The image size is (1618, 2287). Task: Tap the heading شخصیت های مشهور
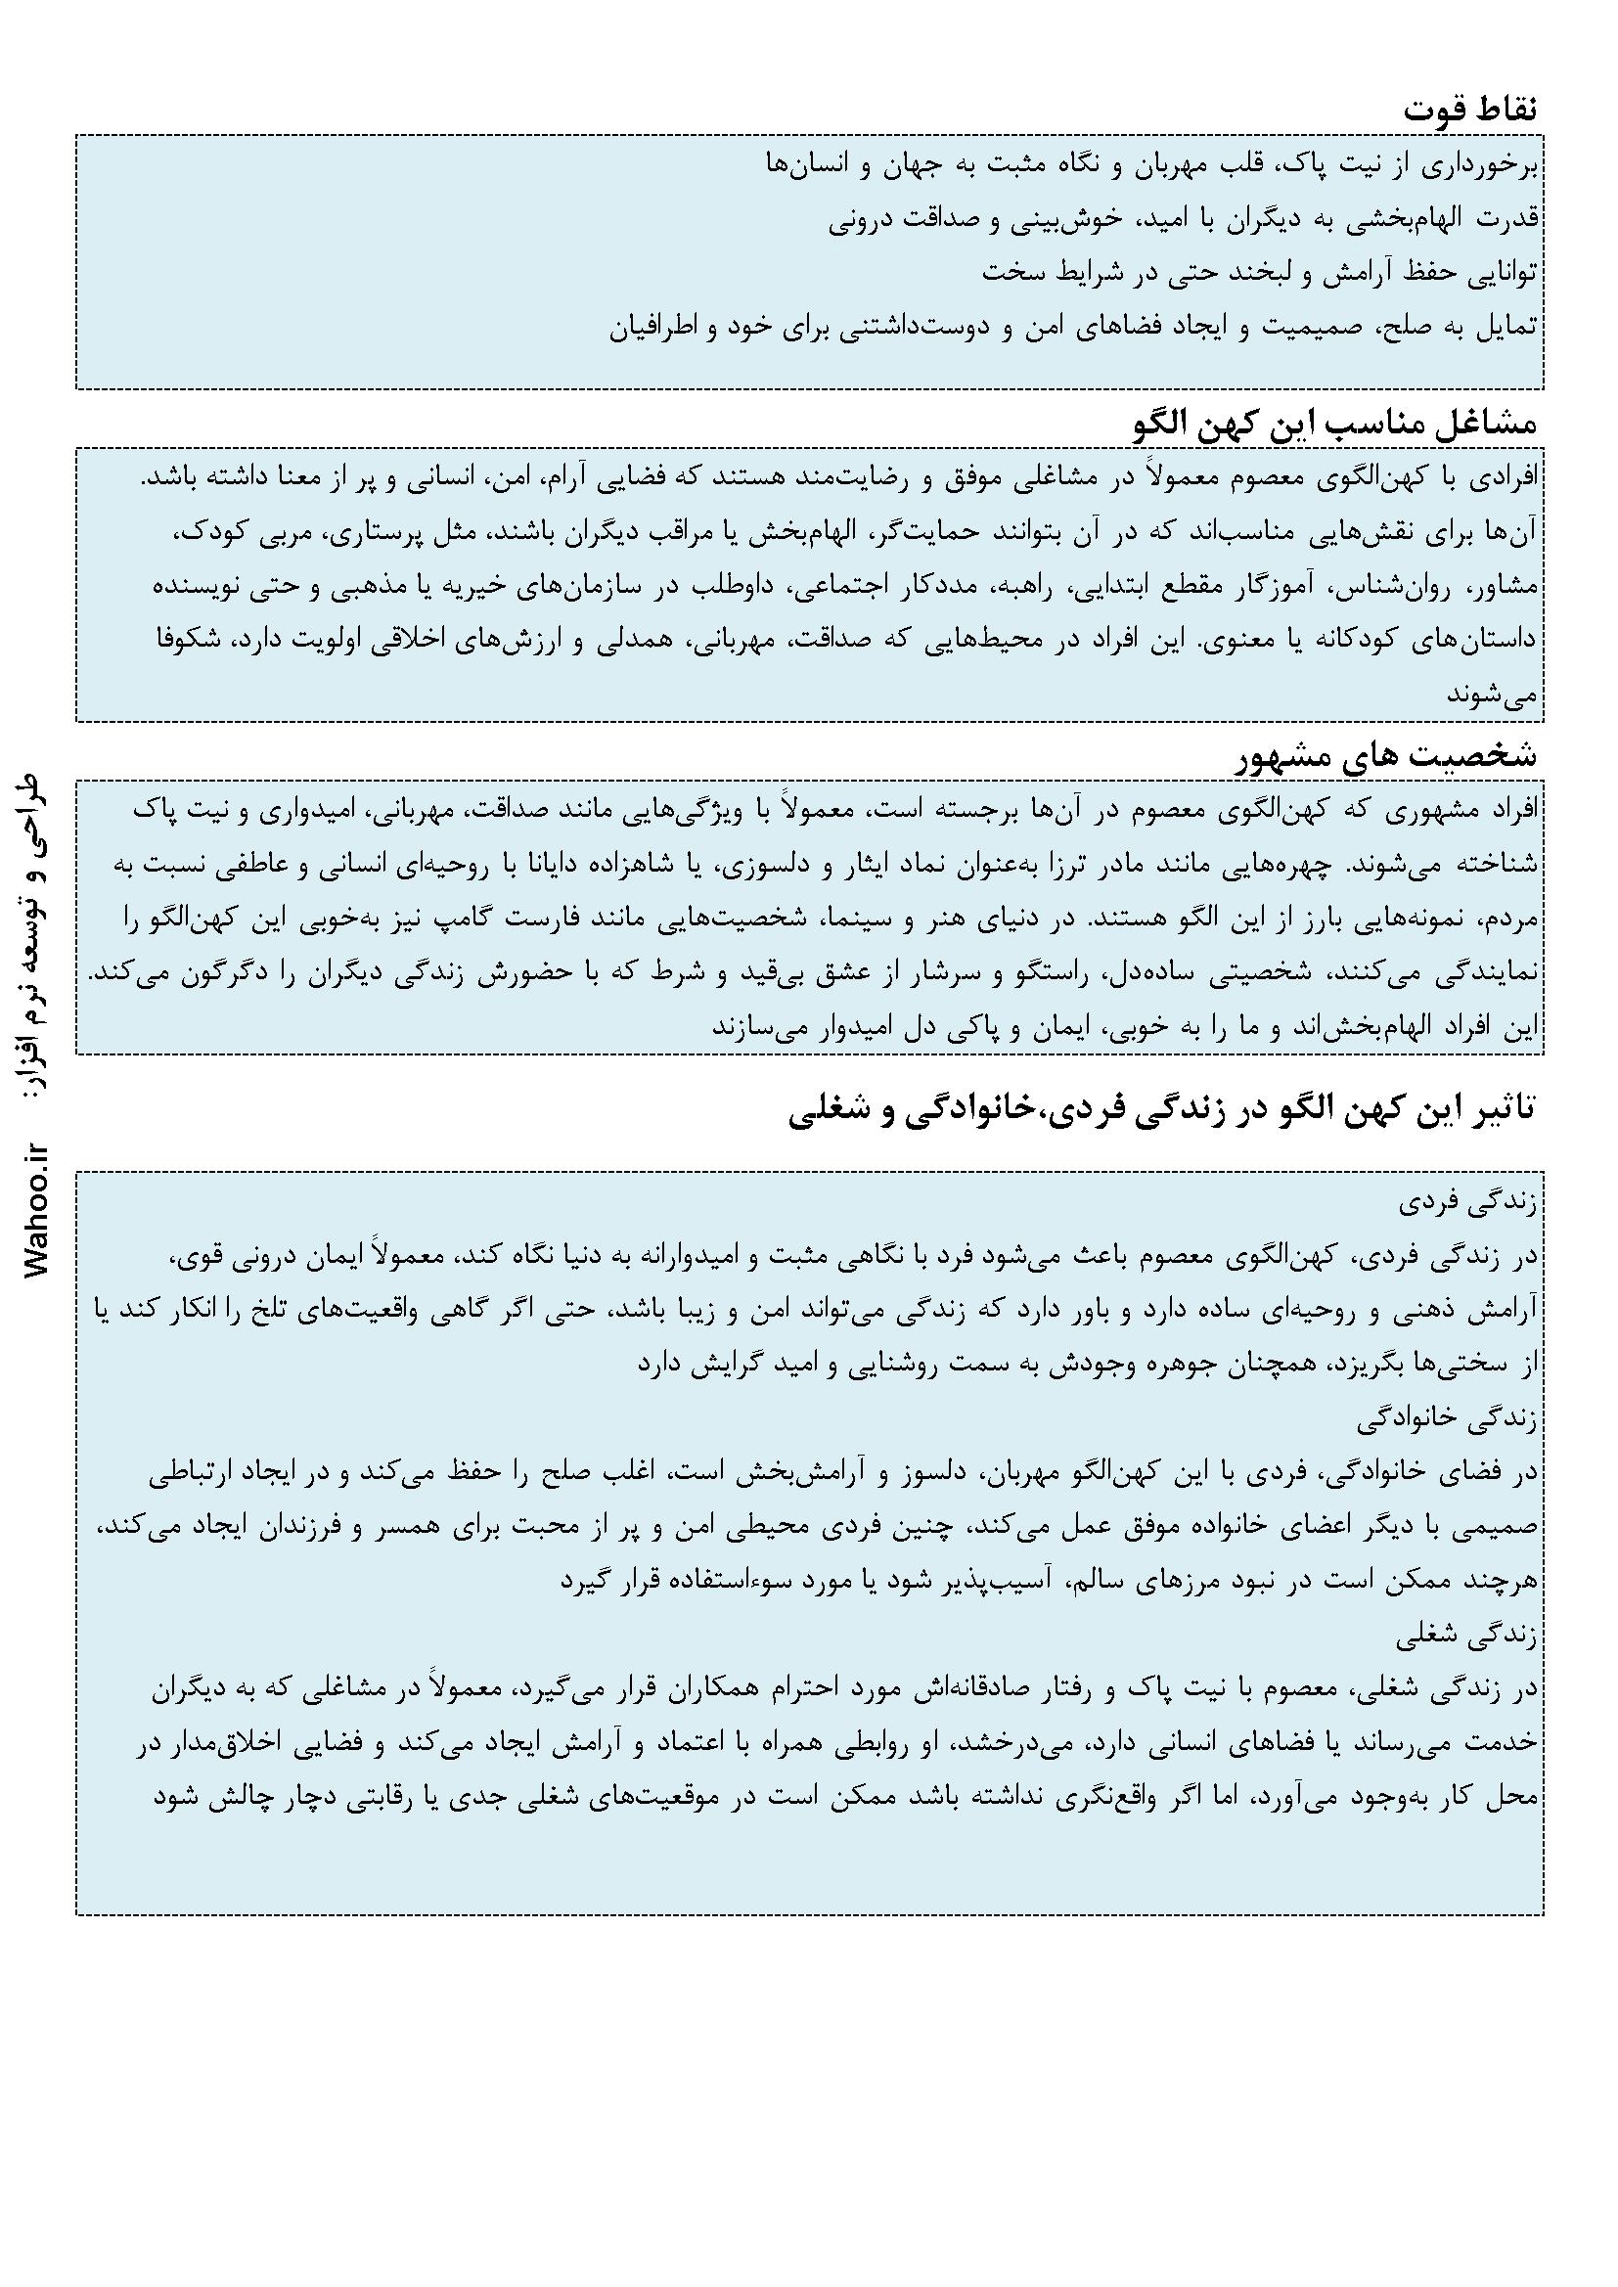pos(1373,756)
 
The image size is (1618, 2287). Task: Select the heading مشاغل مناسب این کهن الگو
pos(1336,424)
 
